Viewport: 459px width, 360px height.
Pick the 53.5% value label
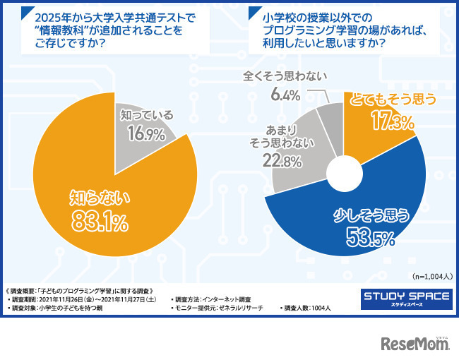(x=369, y=239)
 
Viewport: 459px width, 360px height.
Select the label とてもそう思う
(x=393, y=100)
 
